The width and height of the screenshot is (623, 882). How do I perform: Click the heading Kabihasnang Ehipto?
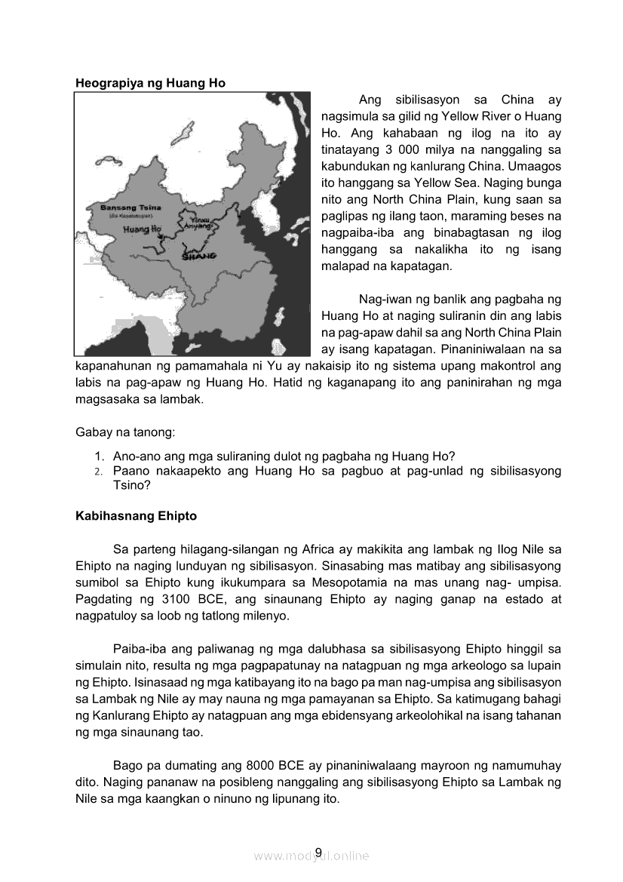136,516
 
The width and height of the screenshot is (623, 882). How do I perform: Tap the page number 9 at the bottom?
318,853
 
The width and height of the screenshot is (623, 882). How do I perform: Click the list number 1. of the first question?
99,456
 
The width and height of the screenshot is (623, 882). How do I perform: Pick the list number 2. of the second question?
99,472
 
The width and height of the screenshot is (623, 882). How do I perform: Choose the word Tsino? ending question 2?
131,486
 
